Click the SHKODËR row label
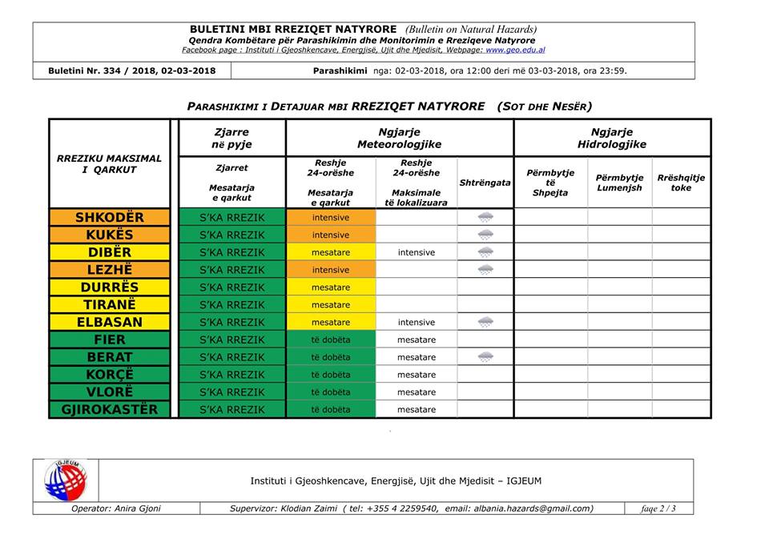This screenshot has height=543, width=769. pyautogui.click(x=110, y=218)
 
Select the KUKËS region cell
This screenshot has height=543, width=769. pyautogui.click(x=110, y=235)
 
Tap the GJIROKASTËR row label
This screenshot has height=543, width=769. pyautogui.click(x=110, y=409)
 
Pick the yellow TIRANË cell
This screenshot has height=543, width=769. pyautogui.click(x=110, y=304)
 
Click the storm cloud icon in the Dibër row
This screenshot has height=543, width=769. pyautogui.click(x=485, y=252)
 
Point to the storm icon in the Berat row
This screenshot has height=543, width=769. pyautogui.click(x=485, y=357)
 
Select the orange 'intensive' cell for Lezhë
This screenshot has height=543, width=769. pyautogui.click(x=331, y=270)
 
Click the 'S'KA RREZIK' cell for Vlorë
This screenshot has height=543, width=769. pyautogui.click(x=232, y=392)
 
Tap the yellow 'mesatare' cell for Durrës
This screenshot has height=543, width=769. pyautogui.click(x=331, y=288)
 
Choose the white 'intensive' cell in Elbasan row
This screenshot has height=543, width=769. pyautogui.click(x=417, y=322)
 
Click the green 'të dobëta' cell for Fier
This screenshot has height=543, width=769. pyautogui.click(x=331, y=340)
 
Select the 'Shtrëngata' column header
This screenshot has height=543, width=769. pyautogui.click(x=485, y=183)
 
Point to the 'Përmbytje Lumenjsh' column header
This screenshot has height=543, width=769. pyautogui.click(x=619, y=183)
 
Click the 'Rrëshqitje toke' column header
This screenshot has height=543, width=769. pyautogui.click(x=681, y=183)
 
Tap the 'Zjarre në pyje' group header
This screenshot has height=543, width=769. pyautogui.click(x=232, y=138)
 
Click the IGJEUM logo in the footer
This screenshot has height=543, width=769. pyautogui.click(x=66, y=481)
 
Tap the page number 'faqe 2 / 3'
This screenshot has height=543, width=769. pyautogui.click(x=658, y=509)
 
